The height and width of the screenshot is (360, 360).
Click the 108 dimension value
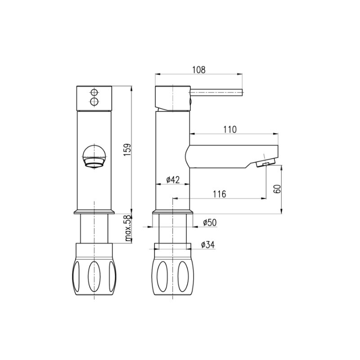199,70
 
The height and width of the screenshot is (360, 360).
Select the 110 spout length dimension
230,130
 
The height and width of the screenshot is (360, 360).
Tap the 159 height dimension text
127,150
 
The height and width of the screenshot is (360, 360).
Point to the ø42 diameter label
173,180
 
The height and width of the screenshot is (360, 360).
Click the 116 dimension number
220,194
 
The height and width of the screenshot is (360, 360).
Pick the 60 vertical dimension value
277,189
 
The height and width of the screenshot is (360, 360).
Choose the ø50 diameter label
210,222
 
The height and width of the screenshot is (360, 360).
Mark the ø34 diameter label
208,245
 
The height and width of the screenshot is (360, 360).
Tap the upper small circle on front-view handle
94,92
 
